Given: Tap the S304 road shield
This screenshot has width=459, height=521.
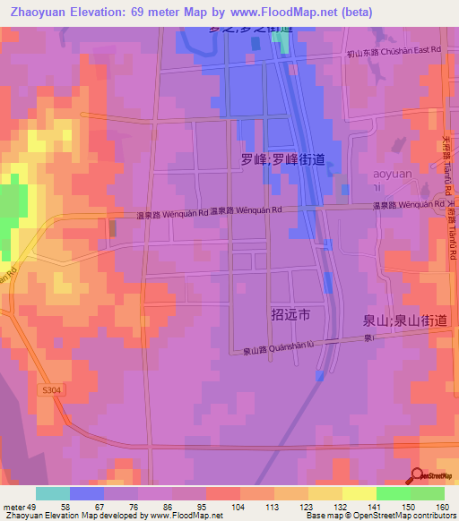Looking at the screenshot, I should click(x=53, y=390).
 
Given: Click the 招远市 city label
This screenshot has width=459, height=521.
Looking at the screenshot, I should click(x=290, y=314).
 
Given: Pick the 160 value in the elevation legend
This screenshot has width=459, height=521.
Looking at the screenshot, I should click(x=442, y=507).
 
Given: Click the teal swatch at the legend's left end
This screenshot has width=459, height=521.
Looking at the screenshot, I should click(x=53, y=493).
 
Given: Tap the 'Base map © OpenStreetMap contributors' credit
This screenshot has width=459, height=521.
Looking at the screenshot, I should click(x=390, y=516).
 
